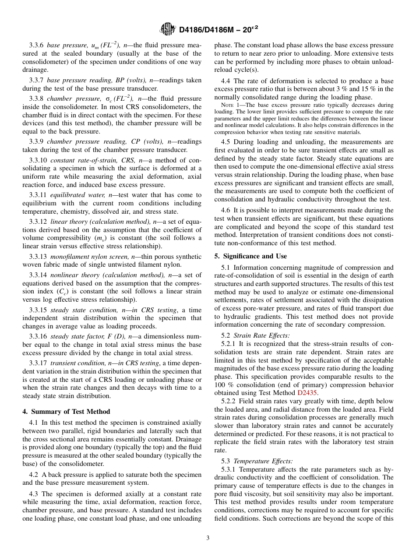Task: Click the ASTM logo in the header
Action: (168, 29)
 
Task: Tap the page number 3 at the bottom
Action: (208, 538)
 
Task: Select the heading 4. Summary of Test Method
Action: (66, 412)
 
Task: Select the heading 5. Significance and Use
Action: (250, 256)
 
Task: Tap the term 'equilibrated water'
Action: (74, 195)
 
